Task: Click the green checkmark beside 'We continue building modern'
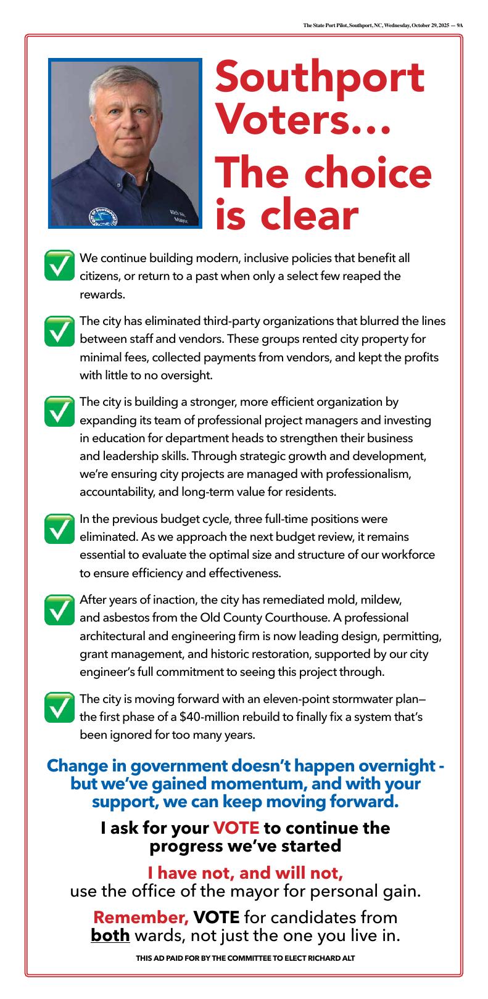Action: tap(60, 266)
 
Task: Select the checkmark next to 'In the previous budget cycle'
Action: tap(60, 528)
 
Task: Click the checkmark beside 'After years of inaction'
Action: tap(60, 609)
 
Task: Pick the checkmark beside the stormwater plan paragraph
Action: tap(60, 707)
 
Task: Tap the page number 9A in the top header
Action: tap(460, 26)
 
